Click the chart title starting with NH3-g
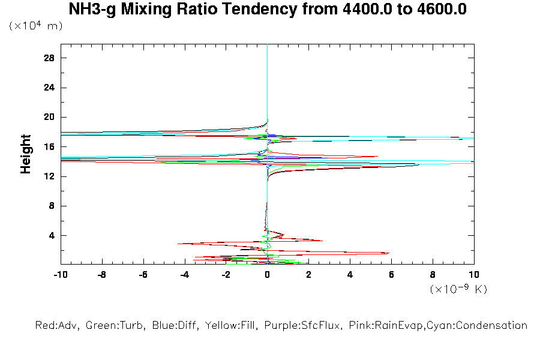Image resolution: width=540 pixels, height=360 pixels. coord(268,10)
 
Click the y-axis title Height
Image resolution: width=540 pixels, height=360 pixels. coord(26,154)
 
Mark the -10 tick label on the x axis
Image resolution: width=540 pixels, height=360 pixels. coord(60,274)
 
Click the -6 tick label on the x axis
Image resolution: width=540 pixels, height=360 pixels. coord(143,274)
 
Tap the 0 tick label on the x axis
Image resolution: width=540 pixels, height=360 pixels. coord(267,274)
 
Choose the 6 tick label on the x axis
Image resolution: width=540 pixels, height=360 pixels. coord(391,274)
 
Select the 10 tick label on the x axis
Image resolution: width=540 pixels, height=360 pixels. coord(474,274)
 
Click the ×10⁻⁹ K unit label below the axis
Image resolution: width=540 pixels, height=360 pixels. coord(458,289)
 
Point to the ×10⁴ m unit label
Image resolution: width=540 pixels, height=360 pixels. coord(35,26)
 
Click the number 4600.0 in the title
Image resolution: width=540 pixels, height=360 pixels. coord(442,10)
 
